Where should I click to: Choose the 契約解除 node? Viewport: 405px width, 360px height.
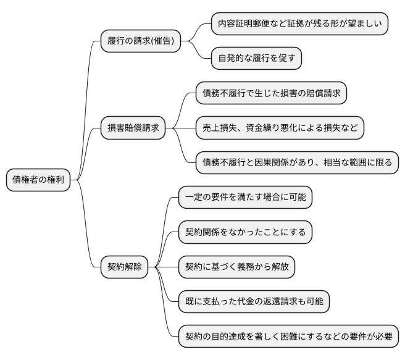[x=125, y=267]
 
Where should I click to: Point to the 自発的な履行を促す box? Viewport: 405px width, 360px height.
[x=256, y=59]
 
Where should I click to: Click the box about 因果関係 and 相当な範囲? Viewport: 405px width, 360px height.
[x=296, y=163]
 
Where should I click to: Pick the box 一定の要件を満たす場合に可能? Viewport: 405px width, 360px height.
[x=245, y=198]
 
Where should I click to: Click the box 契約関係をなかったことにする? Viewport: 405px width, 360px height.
[x=245, y=232]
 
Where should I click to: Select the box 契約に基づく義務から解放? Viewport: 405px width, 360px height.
[x=236, y=267]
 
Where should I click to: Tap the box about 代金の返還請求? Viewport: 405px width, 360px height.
[x=254, y=302]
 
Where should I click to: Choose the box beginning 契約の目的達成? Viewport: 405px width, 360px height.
[x=288, y=337]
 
